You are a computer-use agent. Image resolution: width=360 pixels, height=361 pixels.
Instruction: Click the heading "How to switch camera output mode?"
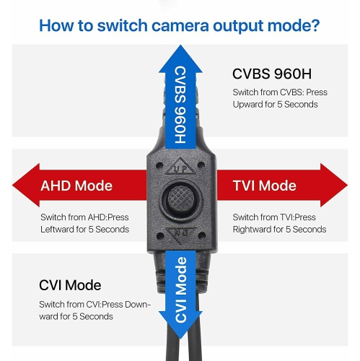tap(180, 25)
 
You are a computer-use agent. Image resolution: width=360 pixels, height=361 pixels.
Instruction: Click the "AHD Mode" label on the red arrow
tap(76, 186)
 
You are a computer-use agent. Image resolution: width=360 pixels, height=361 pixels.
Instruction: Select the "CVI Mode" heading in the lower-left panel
tap(69, 285)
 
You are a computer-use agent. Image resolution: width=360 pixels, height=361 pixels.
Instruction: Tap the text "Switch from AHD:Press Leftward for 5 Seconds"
tap(84, 223)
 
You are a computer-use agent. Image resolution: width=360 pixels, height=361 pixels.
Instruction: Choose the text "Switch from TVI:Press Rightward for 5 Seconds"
tap(278, 223)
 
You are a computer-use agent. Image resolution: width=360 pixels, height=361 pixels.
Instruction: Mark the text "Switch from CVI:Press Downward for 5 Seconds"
tap(95, 310)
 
